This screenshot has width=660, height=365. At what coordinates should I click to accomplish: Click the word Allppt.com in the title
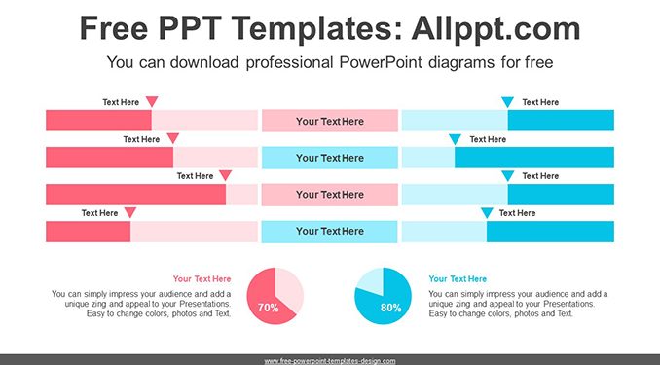tap(495, 28)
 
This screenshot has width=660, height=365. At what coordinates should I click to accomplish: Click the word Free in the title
tap(114, 28)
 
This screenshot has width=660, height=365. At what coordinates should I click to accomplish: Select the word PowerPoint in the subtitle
tap(381, 62)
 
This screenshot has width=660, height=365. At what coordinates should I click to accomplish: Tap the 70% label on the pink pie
tap(268, 308)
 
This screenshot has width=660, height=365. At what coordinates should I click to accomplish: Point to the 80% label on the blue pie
tap(390, 308)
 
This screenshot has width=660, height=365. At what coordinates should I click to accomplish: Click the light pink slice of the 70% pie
tap(289, 290)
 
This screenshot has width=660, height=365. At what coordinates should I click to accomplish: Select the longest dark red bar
tap(136, 195)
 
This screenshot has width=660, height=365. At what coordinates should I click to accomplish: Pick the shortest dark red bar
tap(88, 232)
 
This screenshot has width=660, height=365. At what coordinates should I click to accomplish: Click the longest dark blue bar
tap(534, 158)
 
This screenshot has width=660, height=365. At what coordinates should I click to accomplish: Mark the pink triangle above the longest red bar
tap(225, 175)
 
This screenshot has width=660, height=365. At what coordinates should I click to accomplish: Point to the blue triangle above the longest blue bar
tap(455, 139)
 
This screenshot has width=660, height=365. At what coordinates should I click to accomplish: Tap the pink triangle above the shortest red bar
tap(130, 212)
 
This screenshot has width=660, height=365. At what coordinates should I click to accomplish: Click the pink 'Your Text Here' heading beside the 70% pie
tap(202, 278)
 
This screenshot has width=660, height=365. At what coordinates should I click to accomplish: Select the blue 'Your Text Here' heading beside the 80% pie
tap(458, 278)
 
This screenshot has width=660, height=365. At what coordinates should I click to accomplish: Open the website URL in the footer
tap(330, 361)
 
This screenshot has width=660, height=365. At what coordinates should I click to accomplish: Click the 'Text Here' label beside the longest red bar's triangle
tap(195, 176)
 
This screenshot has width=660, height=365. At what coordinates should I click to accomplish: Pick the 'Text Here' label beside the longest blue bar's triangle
tap(488, 139)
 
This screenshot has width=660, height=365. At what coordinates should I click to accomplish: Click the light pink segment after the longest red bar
tap(241, 195)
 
